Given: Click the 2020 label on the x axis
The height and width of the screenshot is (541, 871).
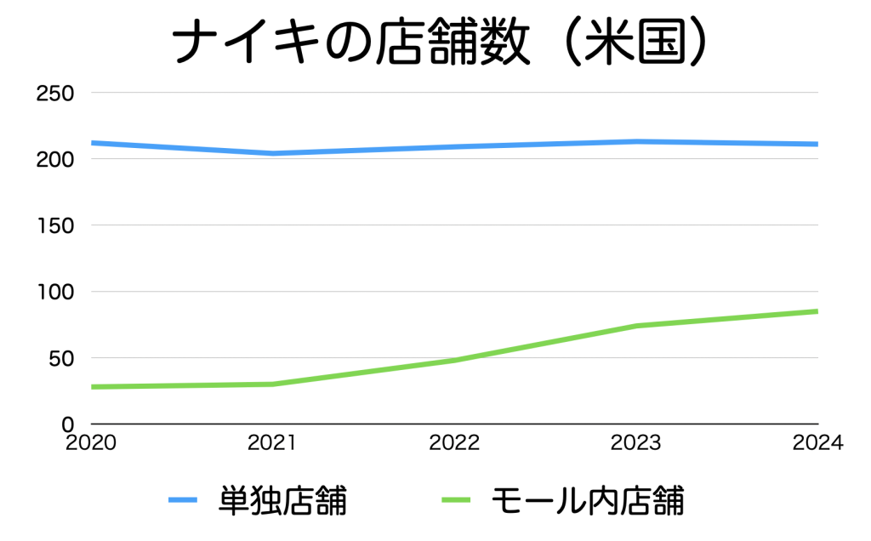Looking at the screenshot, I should click(91, 443).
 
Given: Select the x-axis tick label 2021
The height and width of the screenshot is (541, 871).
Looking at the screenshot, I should click(271, 443).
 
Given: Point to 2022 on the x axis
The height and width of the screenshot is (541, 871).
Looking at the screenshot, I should click(454, 443).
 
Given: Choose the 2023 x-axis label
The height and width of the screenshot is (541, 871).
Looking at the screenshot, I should click(636, 443).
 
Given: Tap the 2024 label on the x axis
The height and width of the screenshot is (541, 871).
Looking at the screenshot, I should click(817, 443).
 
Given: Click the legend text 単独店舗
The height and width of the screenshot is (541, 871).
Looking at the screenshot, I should click(283, 500).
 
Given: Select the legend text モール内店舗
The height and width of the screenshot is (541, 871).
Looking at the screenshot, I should click(587, 500).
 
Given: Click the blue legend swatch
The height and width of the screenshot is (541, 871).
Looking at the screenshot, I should click(183, 500).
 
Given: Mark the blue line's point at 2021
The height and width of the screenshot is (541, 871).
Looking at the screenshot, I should click(273, 154).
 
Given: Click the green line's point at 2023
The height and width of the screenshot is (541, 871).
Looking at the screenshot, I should click(636, 326).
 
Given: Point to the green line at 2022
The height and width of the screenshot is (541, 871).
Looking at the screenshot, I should click(454, 361).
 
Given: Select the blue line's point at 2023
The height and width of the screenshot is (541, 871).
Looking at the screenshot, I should click(636, 141).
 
